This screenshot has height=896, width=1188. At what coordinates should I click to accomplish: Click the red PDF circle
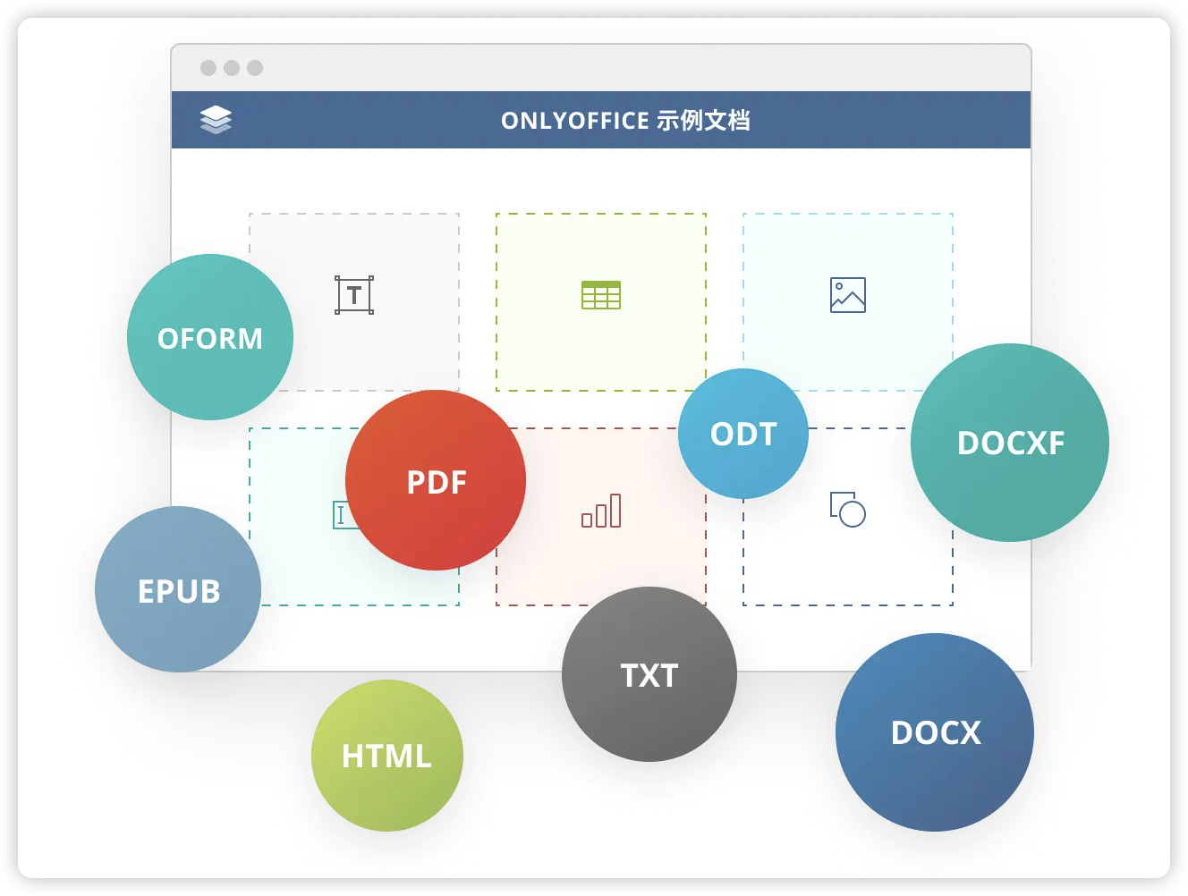(436, 480)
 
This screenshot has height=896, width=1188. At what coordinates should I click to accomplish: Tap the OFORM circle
(210, 337)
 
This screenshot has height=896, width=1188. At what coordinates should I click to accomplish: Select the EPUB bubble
(178, 589)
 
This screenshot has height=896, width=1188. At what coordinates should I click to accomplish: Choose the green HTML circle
(387, 756)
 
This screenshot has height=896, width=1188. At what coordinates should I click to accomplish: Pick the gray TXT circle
(649, 674)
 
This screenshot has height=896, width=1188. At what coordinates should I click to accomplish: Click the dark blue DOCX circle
(935, 732)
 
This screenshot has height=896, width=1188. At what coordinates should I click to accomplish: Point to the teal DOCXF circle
(1010, 443)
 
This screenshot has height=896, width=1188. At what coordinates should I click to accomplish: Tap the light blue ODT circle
(743, 434)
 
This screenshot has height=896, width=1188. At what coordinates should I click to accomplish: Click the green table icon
(601, 295)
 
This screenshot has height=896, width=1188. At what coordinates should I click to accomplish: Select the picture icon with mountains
(848, 295)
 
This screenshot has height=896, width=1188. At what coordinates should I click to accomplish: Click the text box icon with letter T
(354, 295)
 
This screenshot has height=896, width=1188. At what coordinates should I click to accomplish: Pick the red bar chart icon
(601, 511)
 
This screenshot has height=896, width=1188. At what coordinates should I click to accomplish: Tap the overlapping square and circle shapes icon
(848, 510)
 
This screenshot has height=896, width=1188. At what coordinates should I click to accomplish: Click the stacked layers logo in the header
(216, 120)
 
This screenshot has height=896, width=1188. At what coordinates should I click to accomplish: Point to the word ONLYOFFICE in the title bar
(574, 121)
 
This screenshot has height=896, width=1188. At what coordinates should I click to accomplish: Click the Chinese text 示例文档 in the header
(703, 121)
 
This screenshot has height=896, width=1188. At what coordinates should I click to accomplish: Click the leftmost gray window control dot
(208, 68)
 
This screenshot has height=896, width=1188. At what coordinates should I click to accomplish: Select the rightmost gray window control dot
(255, 68)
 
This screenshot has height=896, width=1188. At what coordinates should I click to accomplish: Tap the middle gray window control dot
(232, 68)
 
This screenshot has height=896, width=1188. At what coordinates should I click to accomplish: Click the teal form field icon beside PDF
(340, 514)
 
